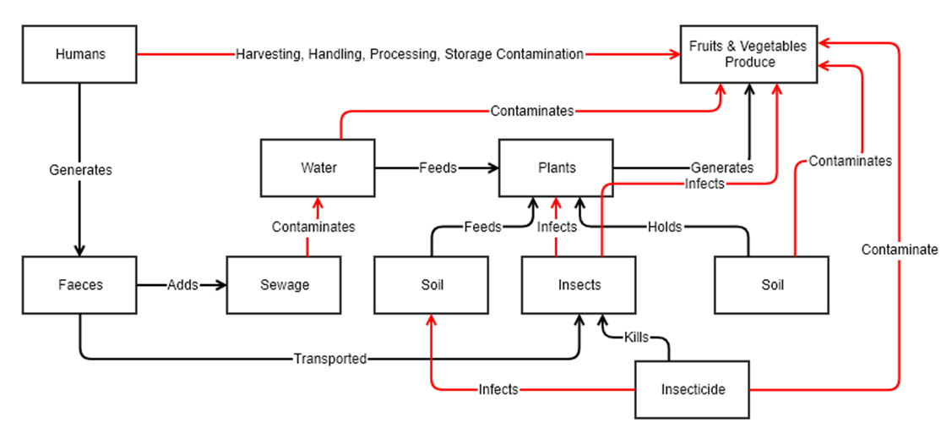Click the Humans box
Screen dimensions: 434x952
point(80,54)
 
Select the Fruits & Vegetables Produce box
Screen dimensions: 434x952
point(749,54)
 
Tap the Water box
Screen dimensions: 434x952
point(318,168)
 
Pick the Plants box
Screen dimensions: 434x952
point(557,168)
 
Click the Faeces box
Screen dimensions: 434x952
point(80,285)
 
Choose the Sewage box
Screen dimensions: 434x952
point(285,285)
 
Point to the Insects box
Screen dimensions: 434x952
point(579,285)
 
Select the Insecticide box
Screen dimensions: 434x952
point(693,390)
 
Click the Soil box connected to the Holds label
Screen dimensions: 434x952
point(772,285)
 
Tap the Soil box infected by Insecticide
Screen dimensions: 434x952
point(432,285)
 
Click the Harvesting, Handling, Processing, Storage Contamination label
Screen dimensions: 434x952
point(410,54)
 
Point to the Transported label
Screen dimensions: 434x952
point(330,359)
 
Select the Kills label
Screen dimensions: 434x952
point(636,338)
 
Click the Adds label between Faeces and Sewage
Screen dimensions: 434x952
point(182,285)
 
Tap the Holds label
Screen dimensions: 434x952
point(665,227)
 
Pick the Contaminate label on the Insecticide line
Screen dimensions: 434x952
point(900,250)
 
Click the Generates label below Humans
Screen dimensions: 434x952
point(80,169)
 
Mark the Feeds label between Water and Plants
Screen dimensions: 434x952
point(438,168)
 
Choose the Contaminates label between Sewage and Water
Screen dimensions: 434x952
point(313,227)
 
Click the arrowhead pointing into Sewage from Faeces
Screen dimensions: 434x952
point(222,285)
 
